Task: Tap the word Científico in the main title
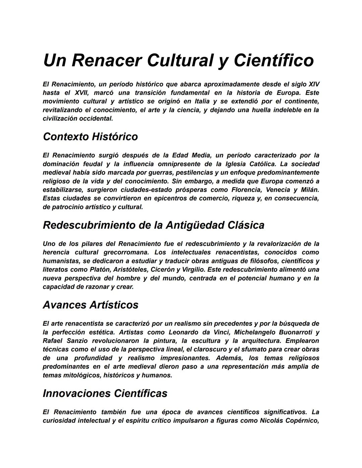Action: pyautogui.click(x=274, y=60)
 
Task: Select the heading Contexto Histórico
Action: pyautogui.click(x=90, y=137)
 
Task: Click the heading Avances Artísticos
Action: pyautogui.click(x=90, y=305)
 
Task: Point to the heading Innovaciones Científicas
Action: pyautogui.click(x=105, y=393)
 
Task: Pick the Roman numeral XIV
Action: pyautogui.click(x=314, y=84)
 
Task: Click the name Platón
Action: pyautogui.click(x=100, y=270)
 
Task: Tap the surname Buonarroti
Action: pyautogui.click(x=297, y=332)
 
